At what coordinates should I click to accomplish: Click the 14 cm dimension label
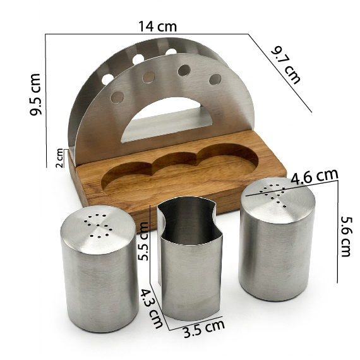coord(157,26)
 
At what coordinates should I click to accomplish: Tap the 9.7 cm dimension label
coord(285,65)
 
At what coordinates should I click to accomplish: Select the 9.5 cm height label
coord(35,94)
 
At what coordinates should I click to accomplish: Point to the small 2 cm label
coord(59,158)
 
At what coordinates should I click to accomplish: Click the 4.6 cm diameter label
coord(315,177)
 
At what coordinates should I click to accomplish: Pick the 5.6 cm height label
coord(345,236)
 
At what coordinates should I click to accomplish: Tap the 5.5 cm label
coord(144,241)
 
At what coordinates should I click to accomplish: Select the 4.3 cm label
coord(152,308)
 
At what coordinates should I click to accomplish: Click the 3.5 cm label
coord(204,328)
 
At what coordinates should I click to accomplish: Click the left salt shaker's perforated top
coord(97,229)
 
